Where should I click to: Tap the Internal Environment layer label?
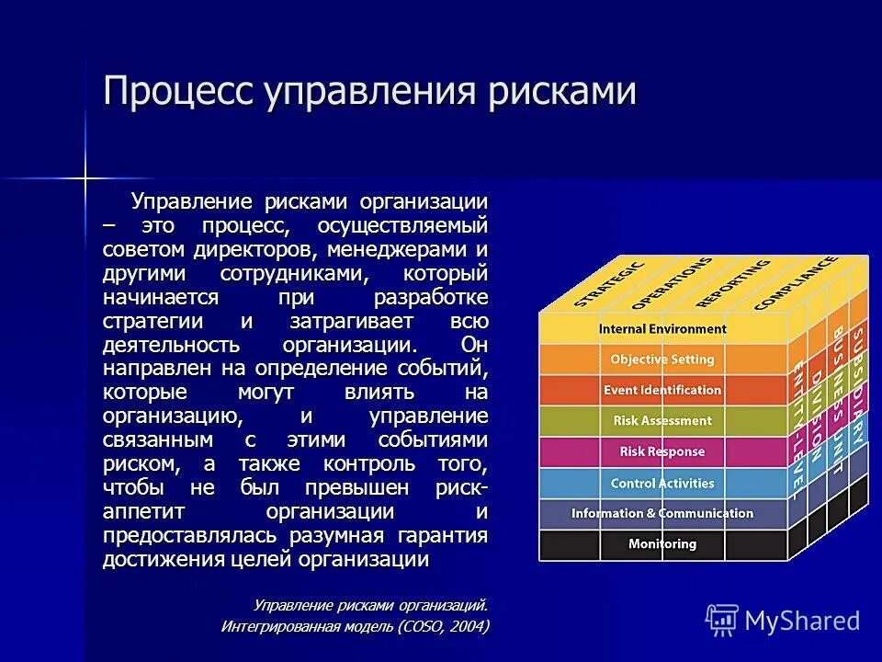coord(662,328)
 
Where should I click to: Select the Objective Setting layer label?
coord(662,360)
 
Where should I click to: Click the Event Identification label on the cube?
coord(662,390)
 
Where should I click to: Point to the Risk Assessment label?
coord(662,420)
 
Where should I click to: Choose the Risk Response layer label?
coord(662,451)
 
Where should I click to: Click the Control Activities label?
coord(662,483)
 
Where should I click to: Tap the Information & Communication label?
coord(662,513)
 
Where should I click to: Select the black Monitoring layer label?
coord(662,543)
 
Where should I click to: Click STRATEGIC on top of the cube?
coord(610,284)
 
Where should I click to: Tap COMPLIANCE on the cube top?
coord(796,282)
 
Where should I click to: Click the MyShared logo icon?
coord(722,621)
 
